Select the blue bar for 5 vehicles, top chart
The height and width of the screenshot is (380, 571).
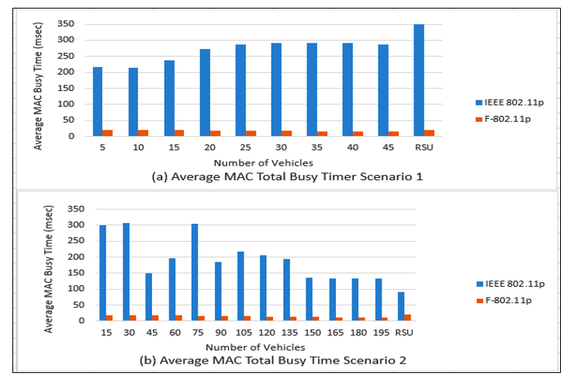tap(97, 101)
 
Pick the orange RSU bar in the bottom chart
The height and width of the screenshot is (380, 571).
tap(408, 317)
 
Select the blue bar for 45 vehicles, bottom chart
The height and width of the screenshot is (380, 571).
tap(149, 297)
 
